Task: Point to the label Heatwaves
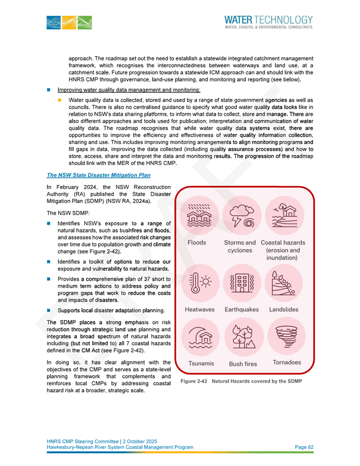pos(199,310)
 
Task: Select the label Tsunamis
pos(199,363)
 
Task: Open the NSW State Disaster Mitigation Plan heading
pos(99,175)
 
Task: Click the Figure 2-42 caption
pos(241,381)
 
